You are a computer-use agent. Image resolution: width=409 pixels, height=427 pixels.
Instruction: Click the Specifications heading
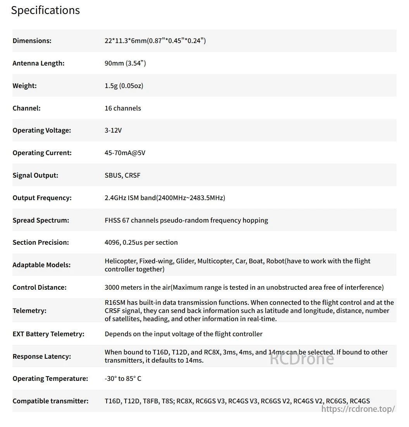pyautogui.click(x=45, y=10)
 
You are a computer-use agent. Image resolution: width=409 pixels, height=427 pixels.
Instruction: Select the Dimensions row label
pyautogui.click(x=32, y=41)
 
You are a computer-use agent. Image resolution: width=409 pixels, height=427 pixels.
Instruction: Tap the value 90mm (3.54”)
pyautogui.click(x=125, y=63)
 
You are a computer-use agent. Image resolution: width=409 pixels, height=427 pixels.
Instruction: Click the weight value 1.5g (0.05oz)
pyautogui.click(x=124, y=86)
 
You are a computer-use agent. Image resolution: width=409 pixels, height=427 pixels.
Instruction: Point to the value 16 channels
pyautogui.click(x=123, y=108)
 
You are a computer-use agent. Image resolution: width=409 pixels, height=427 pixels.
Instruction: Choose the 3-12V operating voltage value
pyautogui.click(x=113, y=130)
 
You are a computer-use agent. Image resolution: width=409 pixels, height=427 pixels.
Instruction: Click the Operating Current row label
pyautogui.click(x=42, y=153)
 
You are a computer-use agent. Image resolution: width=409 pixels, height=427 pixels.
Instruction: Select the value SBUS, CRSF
pyautogui.click(x=123, y=175)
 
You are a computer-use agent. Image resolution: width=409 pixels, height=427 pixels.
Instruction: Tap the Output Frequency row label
pyautogui.click(x=42, y=198)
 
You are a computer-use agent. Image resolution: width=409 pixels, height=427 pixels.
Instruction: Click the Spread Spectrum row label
pyautogui.click(x=41, y=220)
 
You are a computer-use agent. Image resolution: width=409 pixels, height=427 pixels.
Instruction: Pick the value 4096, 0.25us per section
pyautogui.click(x=141, y=242)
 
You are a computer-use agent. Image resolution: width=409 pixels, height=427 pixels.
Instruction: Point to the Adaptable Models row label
pyautogui.click(x=41, y=265)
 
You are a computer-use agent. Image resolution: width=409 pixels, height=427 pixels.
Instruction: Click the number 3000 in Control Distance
pyautogui.click(x=112, y=287)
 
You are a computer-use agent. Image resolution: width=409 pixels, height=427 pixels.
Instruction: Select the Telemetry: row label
pyautogui.click(x=29, y=311)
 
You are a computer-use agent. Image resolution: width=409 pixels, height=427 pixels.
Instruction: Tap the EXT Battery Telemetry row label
pyautogui.click(x=48, y=334)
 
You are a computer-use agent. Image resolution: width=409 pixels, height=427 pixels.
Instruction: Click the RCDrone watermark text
pyautogui.click(x=302, y=358)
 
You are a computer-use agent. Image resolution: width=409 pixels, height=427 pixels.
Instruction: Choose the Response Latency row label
pyautogui.click(x=41, y=356)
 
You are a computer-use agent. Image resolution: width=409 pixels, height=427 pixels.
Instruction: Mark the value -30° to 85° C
pyautogui.click(x=123, y=379)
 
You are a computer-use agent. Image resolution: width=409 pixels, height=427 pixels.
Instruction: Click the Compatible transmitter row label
pyautogui.click(x=50, y=401)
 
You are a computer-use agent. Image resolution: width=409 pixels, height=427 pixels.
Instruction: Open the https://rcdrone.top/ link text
pyautogui.click(x=358, y=409)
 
